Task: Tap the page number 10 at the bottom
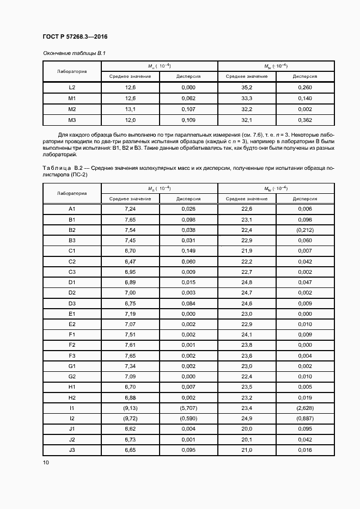(x=46, y=462)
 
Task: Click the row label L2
(x=72, y=87)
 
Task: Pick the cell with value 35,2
(x=247, y=87)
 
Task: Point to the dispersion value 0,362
(x=305, y=120)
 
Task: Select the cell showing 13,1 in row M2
(x=130, y=109)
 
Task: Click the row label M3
(x=72, y=120)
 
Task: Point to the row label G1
(x=72, y=366)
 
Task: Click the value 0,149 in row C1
(x=188, y=251)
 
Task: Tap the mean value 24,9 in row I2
(x=247, y=418)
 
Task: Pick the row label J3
(x=72, y=450)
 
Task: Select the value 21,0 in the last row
(x=247, y=450)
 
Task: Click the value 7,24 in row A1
(x=130, y=209)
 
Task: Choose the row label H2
(x=72, y=397)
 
